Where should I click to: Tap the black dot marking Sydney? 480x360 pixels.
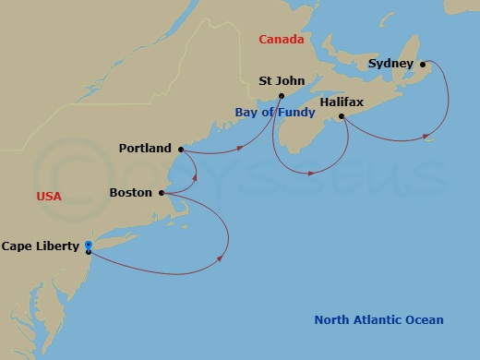pos(422,64)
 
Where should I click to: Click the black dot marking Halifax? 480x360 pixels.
pos(342,116)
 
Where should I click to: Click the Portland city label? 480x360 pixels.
pos(145,148)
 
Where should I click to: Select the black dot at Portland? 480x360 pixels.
pos(180,148)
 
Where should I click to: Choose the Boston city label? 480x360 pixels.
pos(130,193)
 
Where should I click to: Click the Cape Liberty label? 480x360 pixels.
pos(41,246)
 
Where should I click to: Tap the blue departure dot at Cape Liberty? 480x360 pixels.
pos(88,245)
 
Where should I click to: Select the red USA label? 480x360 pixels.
pos(49,197)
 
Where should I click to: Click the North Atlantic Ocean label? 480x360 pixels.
pos(378,320)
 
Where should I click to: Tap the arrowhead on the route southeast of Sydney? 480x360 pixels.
pos(426,138)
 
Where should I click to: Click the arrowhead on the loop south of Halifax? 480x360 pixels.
pos(315,172)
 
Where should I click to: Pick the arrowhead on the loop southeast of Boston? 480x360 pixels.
pos(222,258)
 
